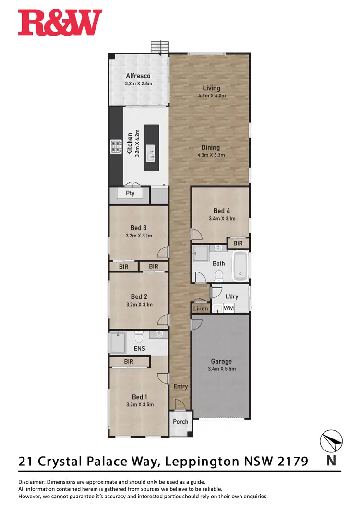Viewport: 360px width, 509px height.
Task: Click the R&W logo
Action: click(60, 23)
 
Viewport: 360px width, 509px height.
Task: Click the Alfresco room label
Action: click(138, 76)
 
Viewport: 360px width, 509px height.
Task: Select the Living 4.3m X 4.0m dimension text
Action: click(211, 95)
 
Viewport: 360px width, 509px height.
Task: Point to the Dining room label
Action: click(211, 148)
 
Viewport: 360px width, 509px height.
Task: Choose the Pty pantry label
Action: click(130, 194)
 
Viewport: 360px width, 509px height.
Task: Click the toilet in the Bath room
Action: click(219, 275)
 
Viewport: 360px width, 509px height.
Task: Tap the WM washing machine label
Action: click(228, 308)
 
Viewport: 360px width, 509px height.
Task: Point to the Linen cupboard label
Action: click(201, 308)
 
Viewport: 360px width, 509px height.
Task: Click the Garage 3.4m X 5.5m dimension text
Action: click(221, 369)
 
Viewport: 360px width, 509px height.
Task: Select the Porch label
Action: click(180, 422)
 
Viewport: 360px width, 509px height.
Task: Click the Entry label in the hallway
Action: click(180, 386)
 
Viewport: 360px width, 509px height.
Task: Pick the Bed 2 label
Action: click(139, 297)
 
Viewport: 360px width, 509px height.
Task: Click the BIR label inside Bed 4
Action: click(238, 244)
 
